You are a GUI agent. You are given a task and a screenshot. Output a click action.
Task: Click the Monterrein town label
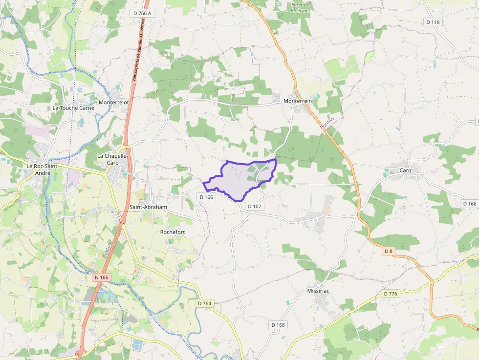(298, 101)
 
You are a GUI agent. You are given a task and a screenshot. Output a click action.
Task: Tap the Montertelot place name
(113, 102)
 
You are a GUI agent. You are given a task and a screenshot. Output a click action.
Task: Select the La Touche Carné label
(73, 107)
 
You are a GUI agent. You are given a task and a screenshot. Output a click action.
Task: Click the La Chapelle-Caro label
(112, 159)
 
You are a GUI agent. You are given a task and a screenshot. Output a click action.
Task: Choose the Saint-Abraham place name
(148, 207)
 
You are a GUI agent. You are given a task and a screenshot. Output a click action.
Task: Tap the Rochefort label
(173, 232)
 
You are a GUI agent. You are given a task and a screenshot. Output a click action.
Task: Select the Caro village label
(406, 170)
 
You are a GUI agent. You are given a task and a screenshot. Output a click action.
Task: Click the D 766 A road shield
(142, 13)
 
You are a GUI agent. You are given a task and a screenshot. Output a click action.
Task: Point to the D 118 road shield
(433, 22)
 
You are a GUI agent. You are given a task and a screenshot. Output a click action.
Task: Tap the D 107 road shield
(255, 206)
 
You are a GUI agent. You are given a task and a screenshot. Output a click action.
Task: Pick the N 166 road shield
(101, 277)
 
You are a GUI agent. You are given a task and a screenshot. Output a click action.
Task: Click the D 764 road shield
(205, 303)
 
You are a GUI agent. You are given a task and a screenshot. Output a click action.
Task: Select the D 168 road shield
(278, 325)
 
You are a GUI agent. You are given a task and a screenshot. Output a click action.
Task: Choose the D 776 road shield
(391, 294)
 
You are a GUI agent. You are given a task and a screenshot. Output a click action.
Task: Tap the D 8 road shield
(389, 251)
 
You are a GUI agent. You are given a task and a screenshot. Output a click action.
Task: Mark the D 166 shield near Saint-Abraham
(206, 197)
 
